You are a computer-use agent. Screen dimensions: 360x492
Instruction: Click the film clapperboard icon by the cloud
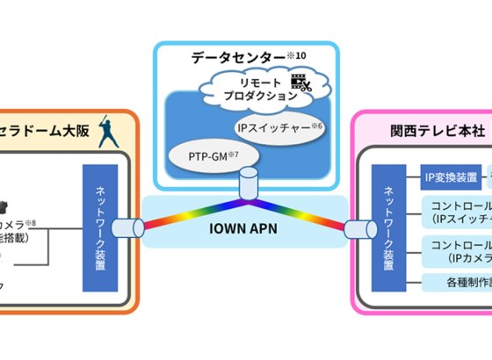[x=302, y=84]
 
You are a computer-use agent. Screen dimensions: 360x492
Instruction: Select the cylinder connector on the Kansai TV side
[x=357, y=230]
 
